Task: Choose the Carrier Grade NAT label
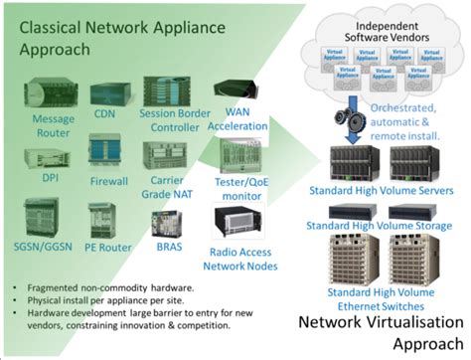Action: point(166,186)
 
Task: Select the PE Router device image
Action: point(104,220)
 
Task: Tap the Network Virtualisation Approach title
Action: point(382,333)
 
